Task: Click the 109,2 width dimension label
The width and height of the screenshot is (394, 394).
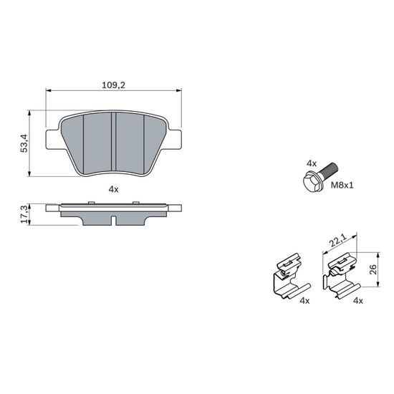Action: (113, 85)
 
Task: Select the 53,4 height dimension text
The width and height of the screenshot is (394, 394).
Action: (24, 143)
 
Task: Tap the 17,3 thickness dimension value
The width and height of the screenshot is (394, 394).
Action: (24, 215)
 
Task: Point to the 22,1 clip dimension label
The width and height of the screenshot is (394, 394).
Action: (338, 239)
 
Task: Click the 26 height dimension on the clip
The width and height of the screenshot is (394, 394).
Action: (373, 269)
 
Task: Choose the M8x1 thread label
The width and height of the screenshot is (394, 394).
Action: (342, 186)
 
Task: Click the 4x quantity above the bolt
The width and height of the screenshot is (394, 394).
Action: (312, 163)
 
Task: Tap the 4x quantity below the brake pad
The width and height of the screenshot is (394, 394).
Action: (113, 189)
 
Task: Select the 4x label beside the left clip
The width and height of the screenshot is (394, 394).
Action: (304, 301)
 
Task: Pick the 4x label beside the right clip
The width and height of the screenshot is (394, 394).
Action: (358, 301)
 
